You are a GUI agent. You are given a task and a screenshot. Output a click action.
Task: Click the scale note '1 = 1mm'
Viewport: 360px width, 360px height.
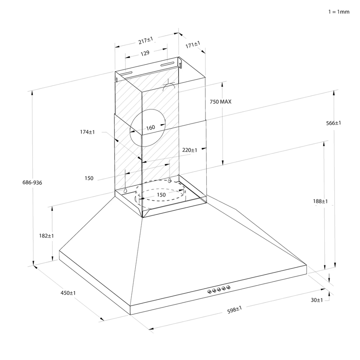coord(339,12)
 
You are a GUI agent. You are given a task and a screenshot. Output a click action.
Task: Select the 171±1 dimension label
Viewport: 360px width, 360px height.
coord(193,45)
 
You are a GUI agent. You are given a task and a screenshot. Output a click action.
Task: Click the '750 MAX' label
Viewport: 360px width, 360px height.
coord(221,102)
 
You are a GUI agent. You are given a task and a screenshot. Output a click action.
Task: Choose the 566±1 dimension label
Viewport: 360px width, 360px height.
coord(333,123)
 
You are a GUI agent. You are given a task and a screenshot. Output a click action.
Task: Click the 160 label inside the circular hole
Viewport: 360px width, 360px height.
coord(151,128)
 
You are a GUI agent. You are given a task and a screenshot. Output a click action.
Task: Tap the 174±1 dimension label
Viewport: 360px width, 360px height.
coord(87,132)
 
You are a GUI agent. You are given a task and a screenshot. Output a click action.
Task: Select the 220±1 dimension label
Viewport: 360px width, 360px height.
coord(190,150)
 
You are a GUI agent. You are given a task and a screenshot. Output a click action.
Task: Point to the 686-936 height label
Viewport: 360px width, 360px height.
coord(32,182)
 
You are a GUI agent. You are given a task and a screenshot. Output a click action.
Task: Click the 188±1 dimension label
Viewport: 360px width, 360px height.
coord(321,201)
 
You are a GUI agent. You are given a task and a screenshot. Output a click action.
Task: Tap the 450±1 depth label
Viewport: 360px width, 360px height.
coord(68,293)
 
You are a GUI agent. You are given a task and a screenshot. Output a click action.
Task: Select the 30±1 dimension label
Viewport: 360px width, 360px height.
coord(316,300)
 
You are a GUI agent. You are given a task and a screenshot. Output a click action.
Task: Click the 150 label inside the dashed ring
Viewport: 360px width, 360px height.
coord(161,195)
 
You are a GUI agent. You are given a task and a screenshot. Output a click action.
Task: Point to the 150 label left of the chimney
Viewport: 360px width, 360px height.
coord(89,178)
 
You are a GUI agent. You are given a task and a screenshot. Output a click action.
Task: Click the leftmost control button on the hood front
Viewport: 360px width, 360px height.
coord(209,291)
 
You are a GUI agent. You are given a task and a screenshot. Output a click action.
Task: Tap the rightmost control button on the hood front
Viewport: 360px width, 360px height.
coord(229,287)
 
